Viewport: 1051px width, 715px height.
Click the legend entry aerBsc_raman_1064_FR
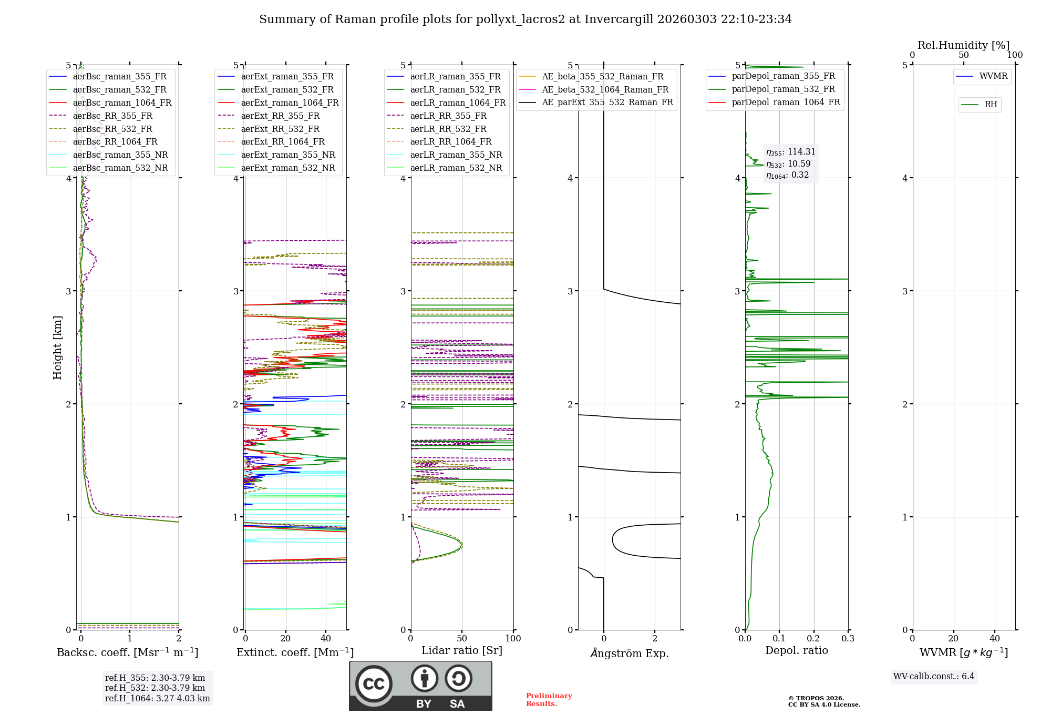[x=122, y=103]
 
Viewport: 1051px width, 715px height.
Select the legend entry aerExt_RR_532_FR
[x=280, y=129]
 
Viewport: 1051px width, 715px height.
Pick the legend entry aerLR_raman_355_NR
[x=456, y=155]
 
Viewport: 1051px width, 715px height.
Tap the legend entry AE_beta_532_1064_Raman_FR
[x=605, y=89]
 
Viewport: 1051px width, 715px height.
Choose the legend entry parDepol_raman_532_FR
[x=783, y=89]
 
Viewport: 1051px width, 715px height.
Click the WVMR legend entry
[x=993, y=76]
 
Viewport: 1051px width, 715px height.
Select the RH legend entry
[x=991, y=105]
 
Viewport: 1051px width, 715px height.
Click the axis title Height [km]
[x=57, y=348]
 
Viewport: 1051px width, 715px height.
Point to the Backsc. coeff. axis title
[x=127, y=652]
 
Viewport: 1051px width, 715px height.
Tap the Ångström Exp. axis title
[x=629, y=653]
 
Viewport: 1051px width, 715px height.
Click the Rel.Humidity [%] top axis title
[x=963, y=45]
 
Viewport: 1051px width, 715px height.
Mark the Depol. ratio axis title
[x=796, y=650]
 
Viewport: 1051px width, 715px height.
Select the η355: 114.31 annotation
[x=790, y=152]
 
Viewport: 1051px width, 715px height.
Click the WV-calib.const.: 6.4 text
[x=933, y=676]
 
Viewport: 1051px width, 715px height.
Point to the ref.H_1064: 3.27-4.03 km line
[x=157, y=698]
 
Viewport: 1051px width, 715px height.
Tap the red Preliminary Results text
[x=549, y=699]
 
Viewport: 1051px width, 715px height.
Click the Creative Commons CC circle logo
[x=374, y=683]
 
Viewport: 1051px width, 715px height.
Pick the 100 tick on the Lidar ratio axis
[x=513, y=638]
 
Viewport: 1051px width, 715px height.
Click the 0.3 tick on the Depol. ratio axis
[x=848, y=638]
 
